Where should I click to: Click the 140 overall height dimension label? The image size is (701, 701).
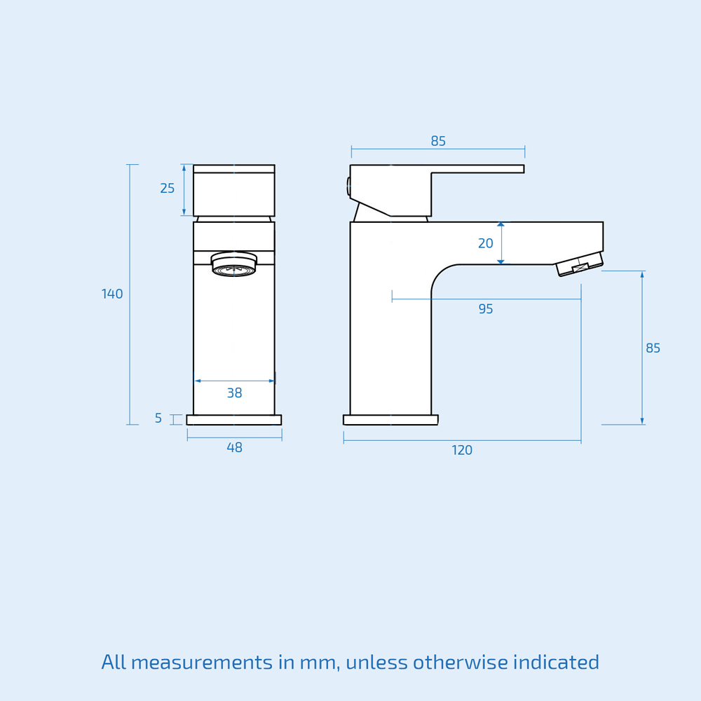[112, 294]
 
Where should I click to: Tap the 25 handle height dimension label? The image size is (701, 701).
[168, 189]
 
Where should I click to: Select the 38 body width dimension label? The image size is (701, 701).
[234, 393]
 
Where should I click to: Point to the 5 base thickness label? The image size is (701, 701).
[158, 418]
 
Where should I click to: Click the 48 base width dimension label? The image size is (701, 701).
[234, 448]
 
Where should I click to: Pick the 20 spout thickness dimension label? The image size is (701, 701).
[486, 244]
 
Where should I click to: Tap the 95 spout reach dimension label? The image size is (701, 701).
[486, 309]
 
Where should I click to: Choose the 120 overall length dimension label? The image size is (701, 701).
[462, 451]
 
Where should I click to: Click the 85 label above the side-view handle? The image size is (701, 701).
[438, 142]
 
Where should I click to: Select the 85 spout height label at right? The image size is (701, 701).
[653, 348]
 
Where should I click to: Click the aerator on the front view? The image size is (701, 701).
[233, 264]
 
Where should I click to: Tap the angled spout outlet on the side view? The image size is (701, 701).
[580, 264]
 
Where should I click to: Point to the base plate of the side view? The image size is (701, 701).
[390, 420]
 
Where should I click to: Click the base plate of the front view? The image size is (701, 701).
[234, 420]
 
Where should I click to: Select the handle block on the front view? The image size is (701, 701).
[234, 191]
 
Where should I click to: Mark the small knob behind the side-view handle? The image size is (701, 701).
[348, 186]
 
